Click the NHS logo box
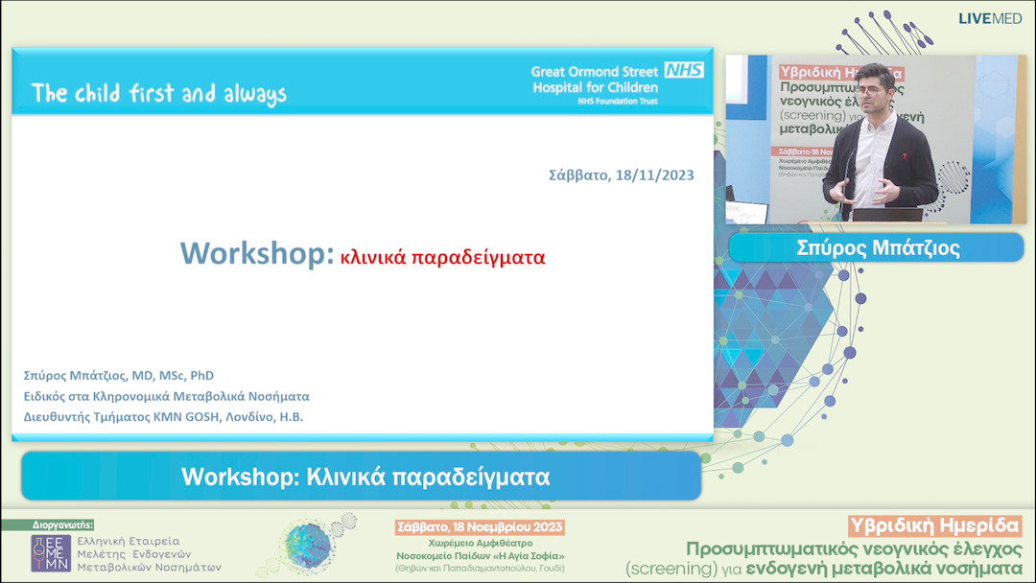(684, 70)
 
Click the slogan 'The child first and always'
(159, 93)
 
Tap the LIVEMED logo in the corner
(992, 18)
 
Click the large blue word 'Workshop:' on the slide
(257, 254)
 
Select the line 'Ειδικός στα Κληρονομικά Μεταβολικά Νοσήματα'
(166, 396)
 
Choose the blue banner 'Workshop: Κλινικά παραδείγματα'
(361, 476)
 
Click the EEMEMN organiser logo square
(51, 552)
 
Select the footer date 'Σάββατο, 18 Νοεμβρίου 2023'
(481, 527)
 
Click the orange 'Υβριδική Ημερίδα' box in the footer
(935, 526)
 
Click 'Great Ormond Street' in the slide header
(595, 71)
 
